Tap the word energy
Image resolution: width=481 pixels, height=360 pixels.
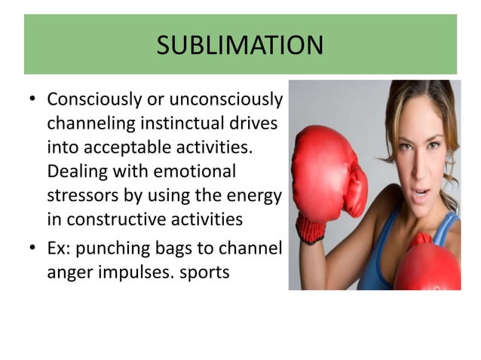[253, 195]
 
